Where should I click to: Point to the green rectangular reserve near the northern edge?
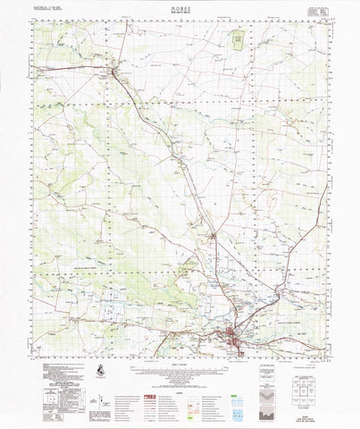[x=238, y=39]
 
